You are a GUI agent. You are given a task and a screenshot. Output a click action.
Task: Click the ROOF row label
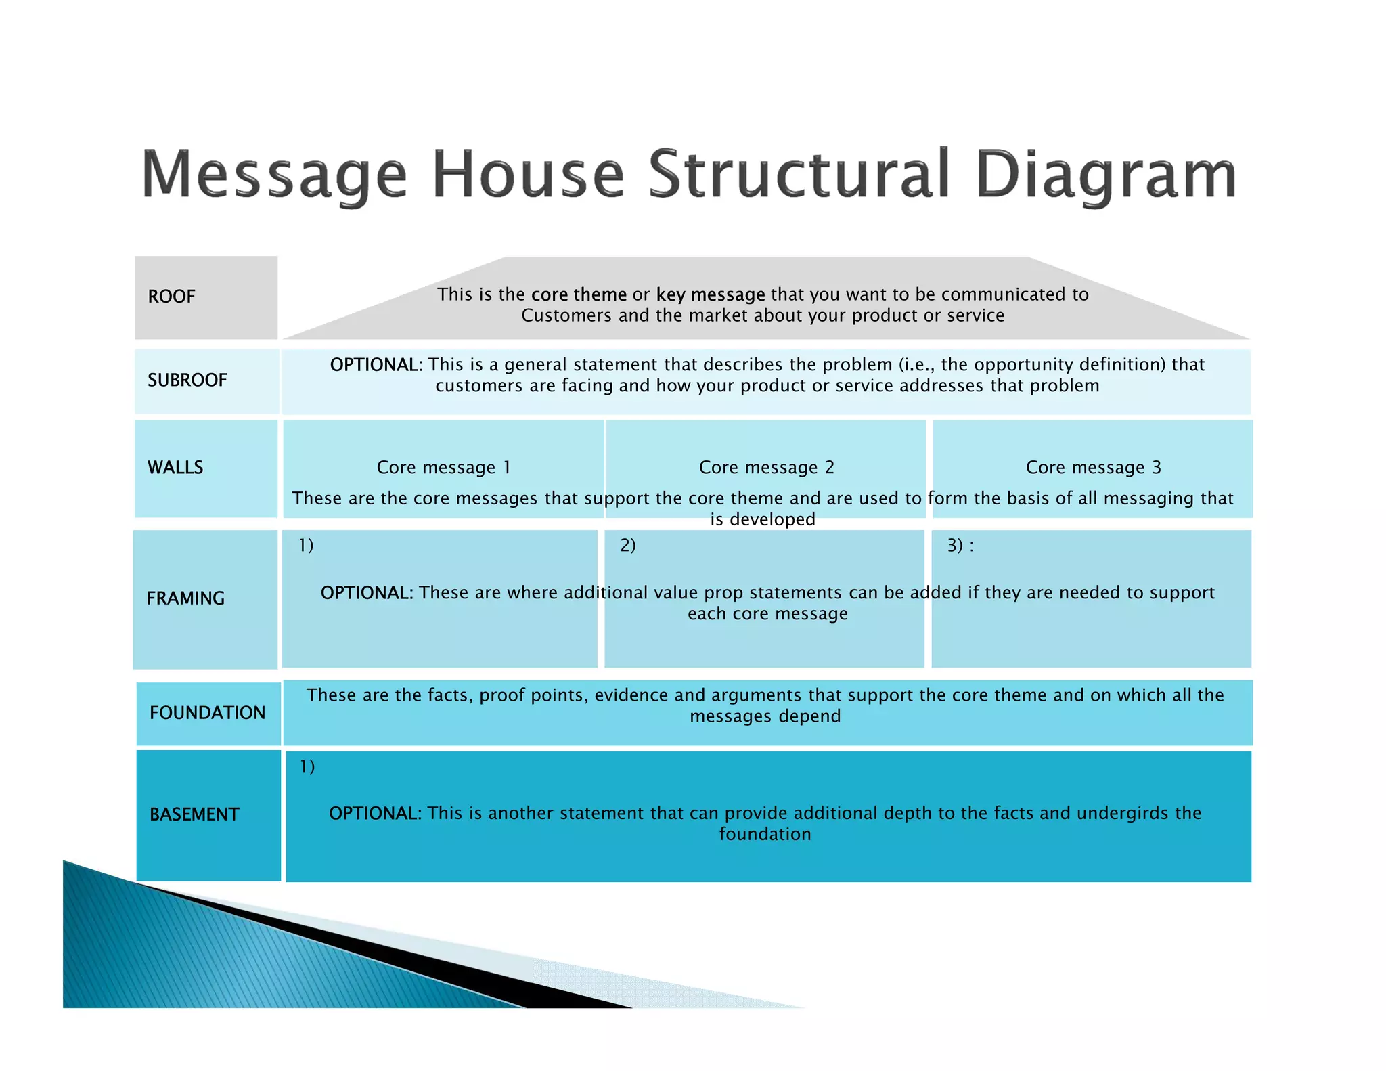pyautogui.click(x=171, y=297)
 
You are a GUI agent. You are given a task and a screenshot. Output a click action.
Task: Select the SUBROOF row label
pyautogui.click(x=187, y=380)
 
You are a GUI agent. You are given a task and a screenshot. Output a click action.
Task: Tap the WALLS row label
pyautogui.click(x=175, y=468)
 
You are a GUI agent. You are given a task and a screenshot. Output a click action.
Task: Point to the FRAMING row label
pyautogui.click(x=185, y=598)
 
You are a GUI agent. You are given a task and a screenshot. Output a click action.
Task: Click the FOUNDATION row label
pyautogui.click(x=207, y=713)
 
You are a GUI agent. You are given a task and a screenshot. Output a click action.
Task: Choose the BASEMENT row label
pyautogui.click(x=194, y=814)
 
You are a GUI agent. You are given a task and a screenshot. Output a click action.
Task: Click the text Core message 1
pyautogui.click(x=443, y=468)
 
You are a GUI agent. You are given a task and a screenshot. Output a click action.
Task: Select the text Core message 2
pyautogui.click(x=766, y=468)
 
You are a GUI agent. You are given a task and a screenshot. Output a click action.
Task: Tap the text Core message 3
pyautogui.click(x=1093, y=468)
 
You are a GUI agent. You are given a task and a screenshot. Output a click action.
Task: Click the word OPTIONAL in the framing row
pyautogui.click(x=366, y=593)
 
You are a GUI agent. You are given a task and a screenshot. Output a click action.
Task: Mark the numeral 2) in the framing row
pyautogui.click(x=627, y=545)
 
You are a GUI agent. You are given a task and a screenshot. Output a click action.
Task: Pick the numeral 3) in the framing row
pyautogui.click(x=955, y=545)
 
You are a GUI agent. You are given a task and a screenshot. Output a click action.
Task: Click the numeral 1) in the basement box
pyautogui.click(x=307, y=766)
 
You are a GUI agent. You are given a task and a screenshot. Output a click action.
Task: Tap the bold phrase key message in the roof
pyautogui.click(x=710, y=294)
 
